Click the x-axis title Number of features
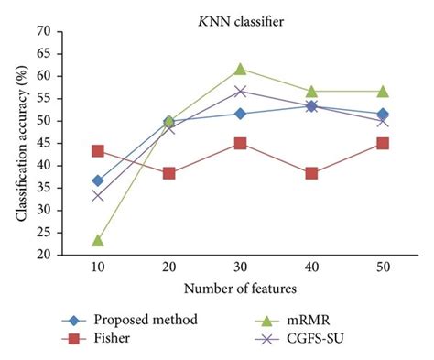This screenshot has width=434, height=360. [x=240, y=290]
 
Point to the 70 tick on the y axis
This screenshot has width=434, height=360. [x=42, y=31]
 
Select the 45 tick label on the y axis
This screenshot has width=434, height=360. [x=42, y=144]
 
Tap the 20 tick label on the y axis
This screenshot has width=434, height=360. [x=42, y=256]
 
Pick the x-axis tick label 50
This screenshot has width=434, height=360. [x=382, y=270]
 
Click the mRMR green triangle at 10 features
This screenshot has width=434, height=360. [x=97, y=240]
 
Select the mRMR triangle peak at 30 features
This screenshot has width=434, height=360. [x=240, y=69]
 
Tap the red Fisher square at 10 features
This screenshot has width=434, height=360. [x=97, y=150]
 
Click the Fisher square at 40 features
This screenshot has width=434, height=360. [x=311, y=173]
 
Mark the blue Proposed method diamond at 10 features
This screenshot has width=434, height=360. [x=97, y=180]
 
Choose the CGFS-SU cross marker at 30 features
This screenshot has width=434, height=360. [x=240, y=91]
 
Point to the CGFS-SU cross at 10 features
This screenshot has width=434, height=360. [x=97, y=196]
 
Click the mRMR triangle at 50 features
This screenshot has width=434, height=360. [x=382, y=91]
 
